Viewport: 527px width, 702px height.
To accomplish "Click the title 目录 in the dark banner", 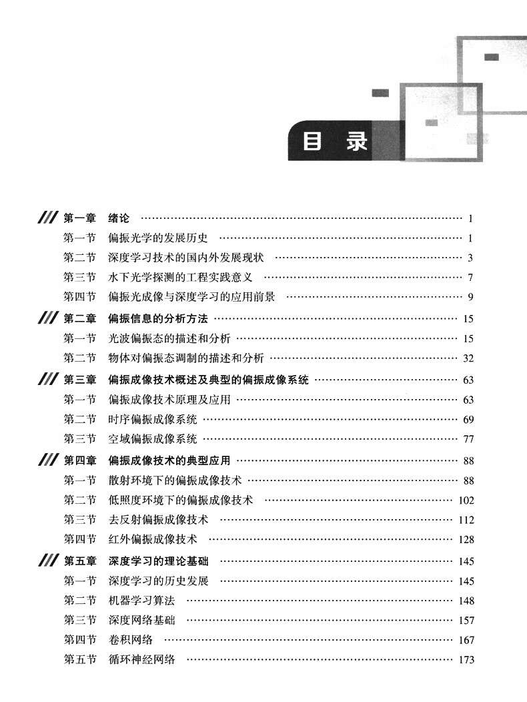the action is [336, 141].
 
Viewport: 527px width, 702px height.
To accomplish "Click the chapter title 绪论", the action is [119, 218].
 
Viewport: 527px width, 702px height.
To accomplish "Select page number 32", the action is [468, 358].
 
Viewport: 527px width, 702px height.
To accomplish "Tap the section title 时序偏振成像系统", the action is [153, 419].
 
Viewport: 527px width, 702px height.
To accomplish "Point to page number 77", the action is [468, 439].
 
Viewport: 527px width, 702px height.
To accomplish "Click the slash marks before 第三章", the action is [48, 380].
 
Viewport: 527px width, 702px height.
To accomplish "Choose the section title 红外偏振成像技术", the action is [153, 539].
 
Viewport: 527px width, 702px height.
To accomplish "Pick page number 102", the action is [466, 500].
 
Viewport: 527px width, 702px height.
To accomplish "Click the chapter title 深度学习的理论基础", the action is [159, 561].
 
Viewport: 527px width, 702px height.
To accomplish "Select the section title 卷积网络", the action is [130, 640].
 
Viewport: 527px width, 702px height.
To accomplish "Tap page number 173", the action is [466, 659].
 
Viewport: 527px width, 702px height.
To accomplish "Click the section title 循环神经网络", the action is [141, 659].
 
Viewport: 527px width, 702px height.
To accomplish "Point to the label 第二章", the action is [79, 318].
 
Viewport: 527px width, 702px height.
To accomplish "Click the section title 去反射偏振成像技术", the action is [159, 519].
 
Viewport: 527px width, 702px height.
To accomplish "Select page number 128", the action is [466, 539].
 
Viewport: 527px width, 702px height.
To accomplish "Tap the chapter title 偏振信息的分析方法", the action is [158, 318].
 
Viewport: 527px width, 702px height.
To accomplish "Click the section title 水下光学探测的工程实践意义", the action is [180, 277].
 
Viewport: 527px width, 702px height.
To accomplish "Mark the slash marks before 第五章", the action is [48, 561].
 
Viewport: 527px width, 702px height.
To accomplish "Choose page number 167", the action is [466, 640].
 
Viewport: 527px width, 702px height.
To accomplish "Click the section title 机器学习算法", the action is [141, 601].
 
